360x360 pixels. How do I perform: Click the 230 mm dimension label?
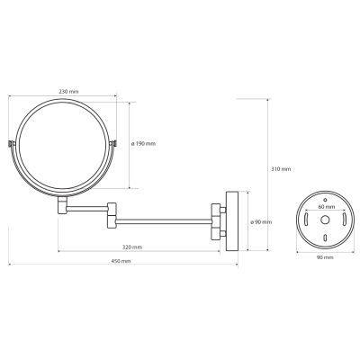pos(68,92)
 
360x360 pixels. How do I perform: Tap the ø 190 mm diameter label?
pos(143,144)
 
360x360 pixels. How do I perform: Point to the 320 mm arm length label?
pos(132,247)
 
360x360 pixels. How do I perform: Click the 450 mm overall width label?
pos(121,261)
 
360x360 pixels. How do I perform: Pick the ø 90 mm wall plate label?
pos(261,222)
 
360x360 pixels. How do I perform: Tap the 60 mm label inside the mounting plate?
pos(326,207)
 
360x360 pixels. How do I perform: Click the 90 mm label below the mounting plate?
pos(325,257)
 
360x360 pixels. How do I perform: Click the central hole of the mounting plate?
pos(325,220)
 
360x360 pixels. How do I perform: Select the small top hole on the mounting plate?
pos(325,200)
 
